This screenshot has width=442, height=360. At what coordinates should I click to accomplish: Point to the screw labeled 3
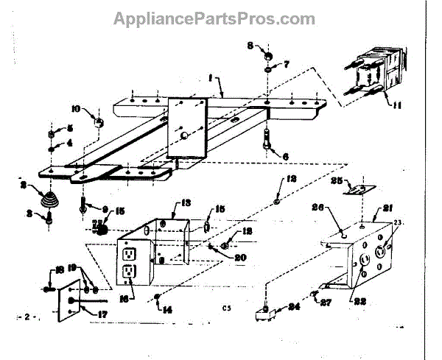[x=48, y=218]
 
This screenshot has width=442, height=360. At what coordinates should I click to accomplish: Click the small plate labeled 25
[x=359, y=189]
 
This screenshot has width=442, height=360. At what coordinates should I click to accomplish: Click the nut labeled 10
[x=97, y=117]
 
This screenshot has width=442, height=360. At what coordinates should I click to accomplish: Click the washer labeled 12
[x=274, y=200]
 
